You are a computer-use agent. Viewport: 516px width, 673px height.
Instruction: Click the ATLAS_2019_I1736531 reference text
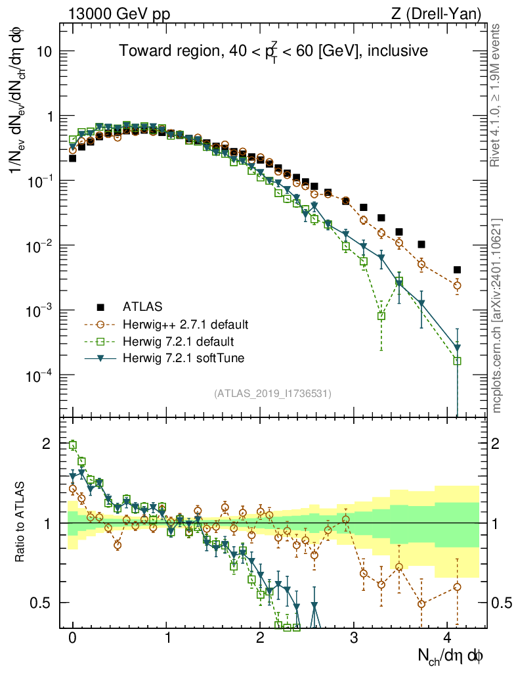coord(272,394)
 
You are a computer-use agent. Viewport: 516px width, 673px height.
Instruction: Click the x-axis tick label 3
coord(354,638)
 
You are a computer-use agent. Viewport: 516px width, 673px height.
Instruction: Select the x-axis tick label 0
coord(72,638)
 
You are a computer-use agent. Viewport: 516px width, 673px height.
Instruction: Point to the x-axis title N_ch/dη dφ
coord(451,655)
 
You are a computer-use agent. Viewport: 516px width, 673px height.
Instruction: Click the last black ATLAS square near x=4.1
coord(457,269)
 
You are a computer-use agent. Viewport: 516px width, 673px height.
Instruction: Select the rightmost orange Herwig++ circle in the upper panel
coord(457,285)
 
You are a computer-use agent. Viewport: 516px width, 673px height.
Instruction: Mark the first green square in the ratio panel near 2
coord(73,445)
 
